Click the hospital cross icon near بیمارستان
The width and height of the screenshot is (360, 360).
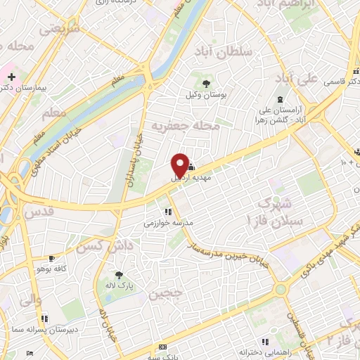(x=11, y=76)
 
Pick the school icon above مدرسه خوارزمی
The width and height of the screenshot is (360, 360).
(x=167, y=212)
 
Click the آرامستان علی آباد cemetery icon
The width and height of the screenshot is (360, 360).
(x=281, y=98)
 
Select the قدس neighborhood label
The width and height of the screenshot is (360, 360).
(x=39, y=211)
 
